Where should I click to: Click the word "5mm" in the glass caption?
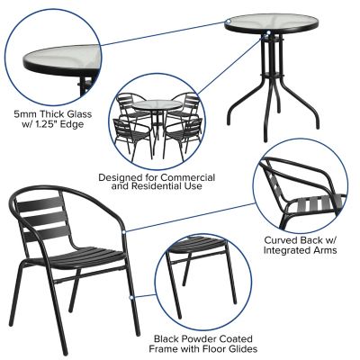pos(23,115)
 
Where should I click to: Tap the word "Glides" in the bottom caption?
pos(240,347)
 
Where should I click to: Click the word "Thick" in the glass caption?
pos(51,115)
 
